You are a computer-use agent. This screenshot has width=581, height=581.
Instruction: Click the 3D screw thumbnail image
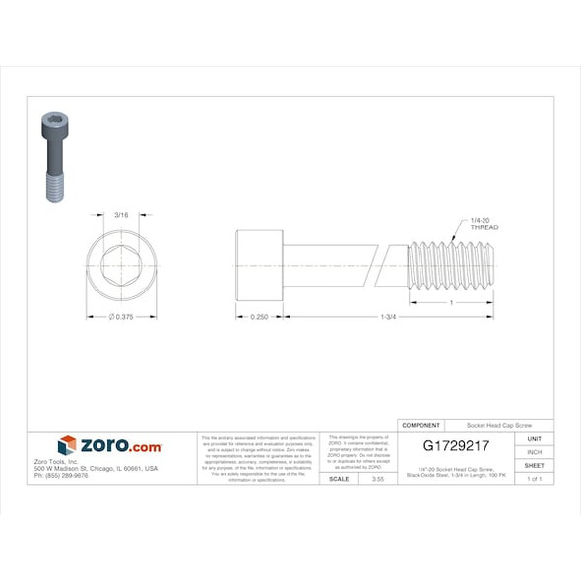click(54, 156)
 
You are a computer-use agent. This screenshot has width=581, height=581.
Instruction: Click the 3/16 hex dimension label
click(121, 214)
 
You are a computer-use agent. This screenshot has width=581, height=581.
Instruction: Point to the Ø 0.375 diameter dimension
click(120, 317)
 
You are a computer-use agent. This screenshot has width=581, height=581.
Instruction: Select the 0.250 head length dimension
click(259, 317)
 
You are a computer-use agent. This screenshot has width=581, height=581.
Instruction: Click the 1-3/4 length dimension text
click(389, 317)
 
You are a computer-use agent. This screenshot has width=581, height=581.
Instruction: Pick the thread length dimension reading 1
click(451, 302)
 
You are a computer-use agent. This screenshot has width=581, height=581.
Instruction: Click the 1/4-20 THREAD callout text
click(484, 224)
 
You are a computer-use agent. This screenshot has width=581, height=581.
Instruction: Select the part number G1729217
click(456, 446)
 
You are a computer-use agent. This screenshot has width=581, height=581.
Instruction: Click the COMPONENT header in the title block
click(421, 424)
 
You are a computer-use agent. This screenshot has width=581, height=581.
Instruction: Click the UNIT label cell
click(534, 438)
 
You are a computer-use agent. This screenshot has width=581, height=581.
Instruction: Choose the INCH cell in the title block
click(534, 451)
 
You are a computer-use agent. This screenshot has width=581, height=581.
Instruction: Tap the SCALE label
click(338, 478)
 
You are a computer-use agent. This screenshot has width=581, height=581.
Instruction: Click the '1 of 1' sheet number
click(534, 478)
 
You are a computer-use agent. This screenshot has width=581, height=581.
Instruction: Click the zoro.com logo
click(110, 446)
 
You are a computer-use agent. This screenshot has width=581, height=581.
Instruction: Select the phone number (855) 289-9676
click(61, 476)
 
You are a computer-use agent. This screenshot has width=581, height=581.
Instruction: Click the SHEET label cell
click(534, 465)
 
